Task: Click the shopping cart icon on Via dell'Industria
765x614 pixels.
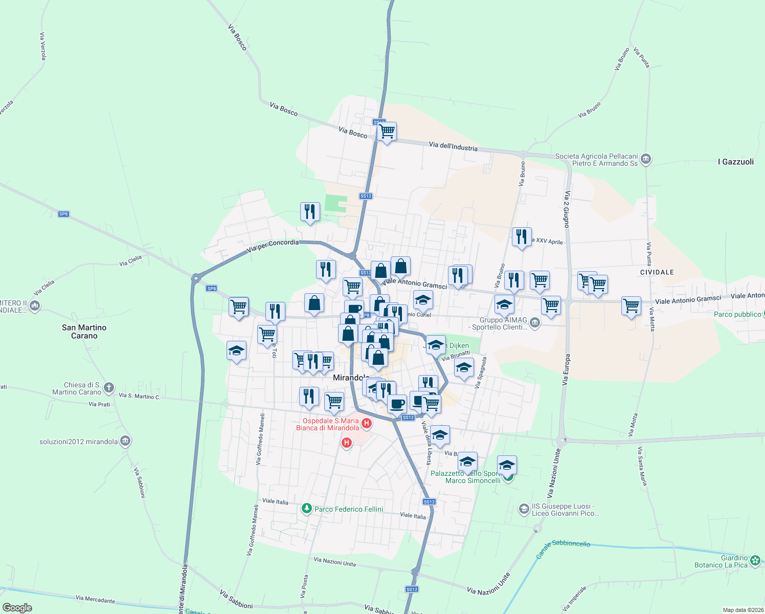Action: [387, 131]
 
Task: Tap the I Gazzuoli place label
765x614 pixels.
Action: [735, 162]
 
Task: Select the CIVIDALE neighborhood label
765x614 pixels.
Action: [657, 272]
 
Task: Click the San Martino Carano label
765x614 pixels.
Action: [84, 332]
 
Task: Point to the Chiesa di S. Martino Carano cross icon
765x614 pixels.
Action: [109, 388]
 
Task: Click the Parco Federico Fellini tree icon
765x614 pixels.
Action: [306, 509]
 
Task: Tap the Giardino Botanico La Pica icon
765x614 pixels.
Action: [755, 561]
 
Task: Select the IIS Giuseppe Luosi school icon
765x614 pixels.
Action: [524, 509]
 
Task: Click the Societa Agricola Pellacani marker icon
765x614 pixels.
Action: [646, 159]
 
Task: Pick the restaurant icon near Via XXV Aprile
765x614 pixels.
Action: [521, 237]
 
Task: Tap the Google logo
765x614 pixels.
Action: [17, 607]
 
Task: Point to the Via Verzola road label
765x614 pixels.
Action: [43, 46]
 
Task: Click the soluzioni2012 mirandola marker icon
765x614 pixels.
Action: [125, 441]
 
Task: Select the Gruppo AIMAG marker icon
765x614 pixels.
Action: [534, 323]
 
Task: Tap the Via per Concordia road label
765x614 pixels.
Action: [273, 246]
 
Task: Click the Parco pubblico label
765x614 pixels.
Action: [737, 314]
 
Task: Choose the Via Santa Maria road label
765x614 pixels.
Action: [642, 466]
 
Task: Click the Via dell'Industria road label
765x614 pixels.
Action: [453, 147]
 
